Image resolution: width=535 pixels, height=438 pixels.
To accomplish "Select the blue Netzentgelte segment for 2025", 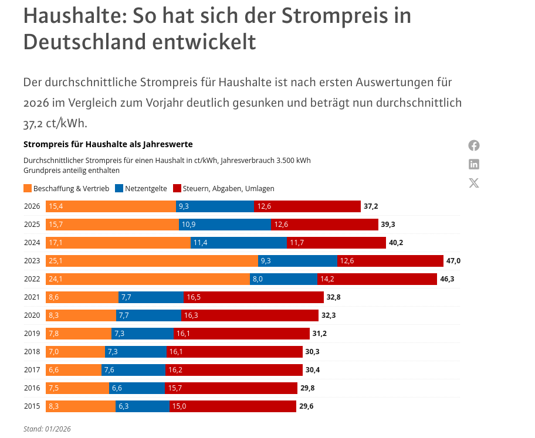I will click(x=225, y=225).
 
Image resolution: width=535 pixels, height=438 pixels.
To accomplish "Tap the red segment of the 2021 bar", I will click(x=253, y=297).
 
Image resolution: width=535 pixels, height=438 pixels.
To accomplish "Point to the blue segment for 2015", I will click(x=143, y=406).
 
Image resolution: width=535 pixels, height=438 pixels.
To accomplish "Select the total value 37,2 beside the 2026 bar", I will click(x=371, y=206).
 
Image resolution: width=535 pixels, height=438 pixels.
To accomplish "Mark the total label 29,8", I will click(x=307, y=388).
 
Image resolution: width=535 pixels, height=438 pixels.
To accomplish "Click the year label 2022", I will click(x=32, y=279).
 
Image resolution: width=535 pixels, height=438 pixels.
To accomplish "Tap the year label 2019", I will click(x=32, y=334).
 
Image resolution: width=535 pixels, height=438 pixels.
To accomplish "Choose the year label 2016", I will click(x=32, y=388).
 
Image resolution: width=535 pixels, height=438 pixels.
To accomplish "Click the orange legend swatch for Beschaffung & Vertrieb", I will click(x=28, y=189).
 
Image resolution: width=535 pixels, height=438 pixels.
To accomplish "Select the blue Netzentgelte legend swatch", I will click(x=119, y=189).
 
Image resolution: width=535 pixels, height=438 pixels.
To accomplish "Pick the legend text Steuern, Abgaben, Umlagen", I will click(x=228, y=189).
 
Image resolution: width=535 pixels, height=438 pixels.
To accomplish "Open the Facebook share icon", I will click(x=474, y=145).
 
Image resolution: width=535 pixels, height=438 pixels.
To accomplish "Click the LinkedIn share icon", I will click(x=474, y=164).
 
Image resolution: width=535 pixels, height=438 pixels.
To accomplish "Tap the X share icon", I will click(x=474, y=183).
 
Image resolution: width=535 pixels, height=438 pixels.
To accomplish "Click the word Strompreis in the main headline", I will click(x=333, y=16).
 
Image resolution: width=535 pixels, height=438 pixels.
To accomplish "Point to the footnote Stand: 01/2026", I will click(x=47, y=429).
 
